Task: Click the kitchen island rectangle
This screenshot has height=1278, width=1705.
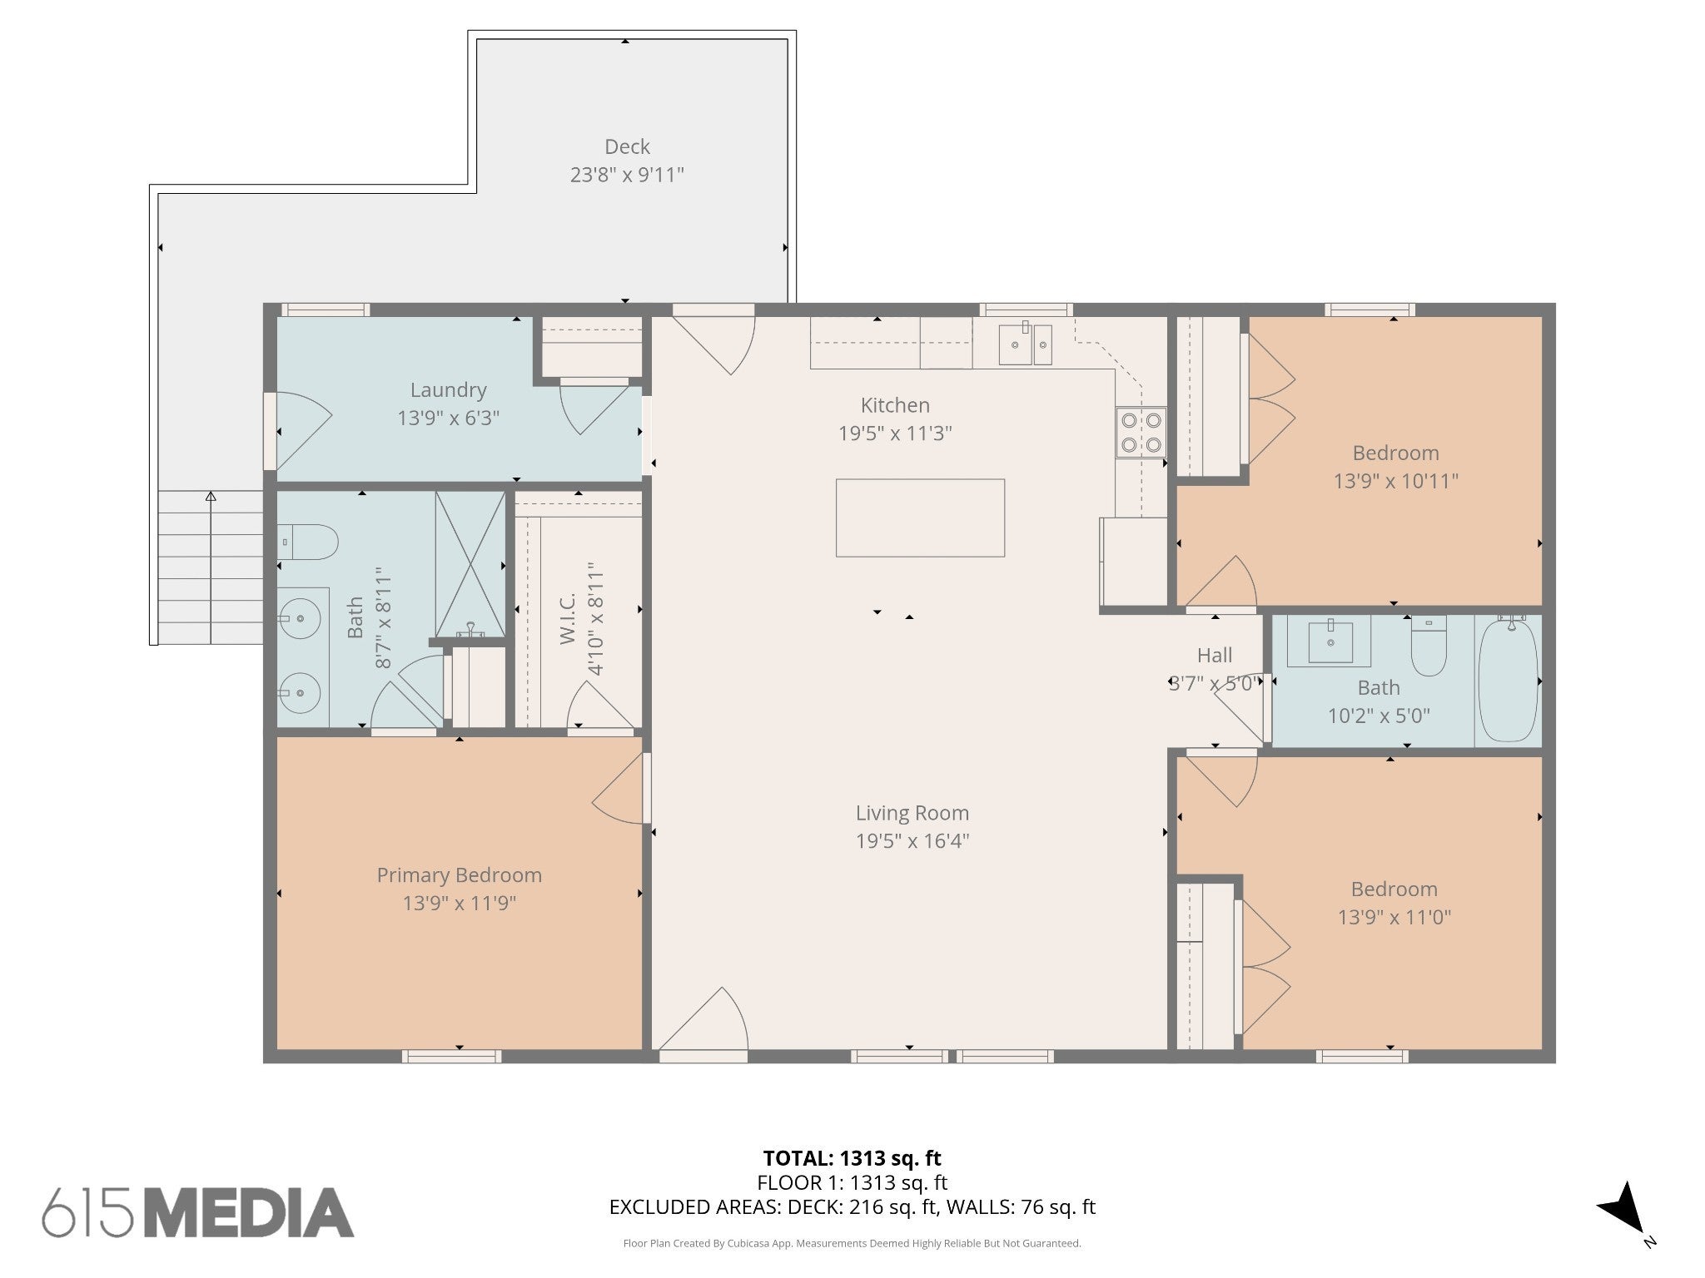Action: [920, 518]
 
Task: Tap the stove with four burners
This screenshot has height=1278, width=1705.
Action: [1141, 432]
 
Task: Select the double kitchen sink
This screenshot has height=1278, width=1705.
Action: [1026, 344]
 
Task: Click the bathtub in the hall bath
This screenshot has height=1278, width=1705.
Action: [1508, 681]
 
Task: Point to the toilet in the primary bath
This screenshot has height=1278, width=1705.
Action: [307, 542]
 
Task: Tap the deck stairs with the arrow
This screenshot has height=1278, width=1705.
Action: [211, 567]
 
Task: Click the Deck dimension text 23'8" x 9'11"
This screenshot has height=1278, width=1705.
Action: [627, 175]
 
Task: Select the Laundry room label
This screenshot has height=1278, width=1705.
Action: [448, 389]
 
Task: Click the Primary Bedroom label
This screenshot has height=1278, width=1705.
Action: [460, 874]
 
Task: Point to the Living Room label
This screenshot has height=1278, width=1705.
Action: [912, 813]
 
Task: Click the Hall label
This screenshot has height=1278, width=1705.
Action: [1215, 655]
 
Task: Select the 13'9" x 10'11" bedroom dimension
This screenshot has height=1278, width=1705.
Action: [1396, 481]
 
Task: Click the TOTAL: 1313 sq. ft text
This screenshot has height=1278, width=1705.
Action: [852, 1157]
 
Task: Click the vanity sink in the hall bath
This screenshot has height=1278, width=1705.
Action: [1330, 641]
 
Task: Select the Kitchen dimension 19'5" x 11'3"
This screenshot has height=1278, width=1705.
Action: [895, 433]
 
